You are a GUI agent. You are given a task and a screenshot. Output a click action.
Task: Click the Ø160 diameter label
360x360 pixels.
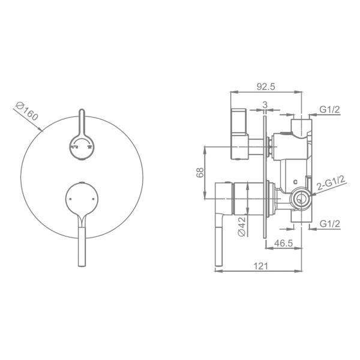pos(27,112)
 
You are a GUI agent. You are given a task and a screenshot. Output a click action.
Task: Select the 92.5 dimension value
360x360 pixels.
pos(266,86)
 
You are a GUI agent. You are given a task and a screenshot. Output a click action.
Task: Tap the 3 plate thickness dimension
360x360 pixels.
pos(265,105)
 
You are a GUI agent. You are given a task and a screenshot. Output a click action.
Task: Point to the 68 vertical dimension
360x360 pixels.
pos(200,172)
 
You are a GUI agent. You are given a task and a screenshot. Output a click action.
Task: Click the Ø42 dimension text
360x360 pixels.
pos(242,227)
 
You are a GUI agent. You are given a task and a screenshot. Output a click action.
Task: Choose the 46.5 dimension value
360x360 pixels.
pos(284,243)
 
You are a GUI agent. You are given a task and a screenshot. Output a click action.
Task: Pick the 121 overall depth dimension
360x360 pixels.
pos(260,266)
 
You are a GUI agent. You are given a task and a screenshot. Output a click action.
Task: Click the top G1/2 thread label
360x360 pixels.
pos(329,110)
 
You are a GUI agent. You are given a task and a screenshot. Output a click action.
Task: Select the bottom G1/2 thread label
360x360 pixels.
pos(329,223)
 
